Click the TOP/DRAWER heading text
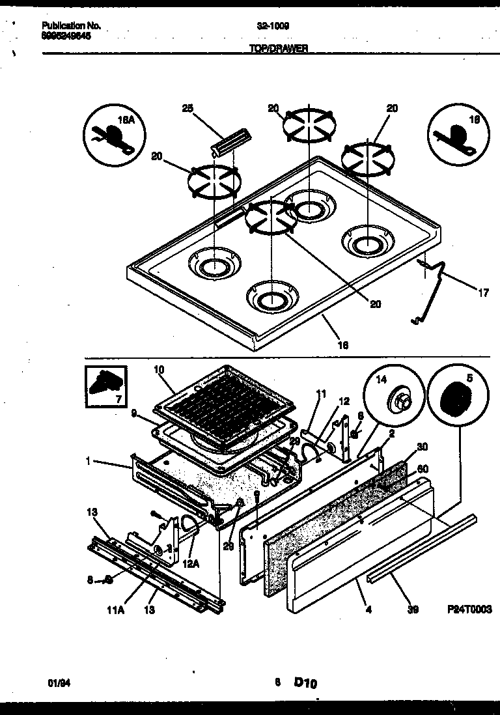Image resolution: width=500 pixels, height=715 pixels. click(x=278, y=48)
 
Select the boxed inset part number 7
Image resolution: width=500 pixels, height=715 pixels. click(x=105, y=386)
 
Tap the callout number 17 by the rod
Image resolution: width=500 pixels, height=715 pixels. click(x=482, y=293)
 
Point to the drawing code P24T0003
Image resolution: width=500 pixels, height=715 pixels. click(x=469, y=610)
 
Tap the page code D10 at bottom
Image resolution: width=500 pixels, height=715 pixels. click(x=305, y=683)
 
